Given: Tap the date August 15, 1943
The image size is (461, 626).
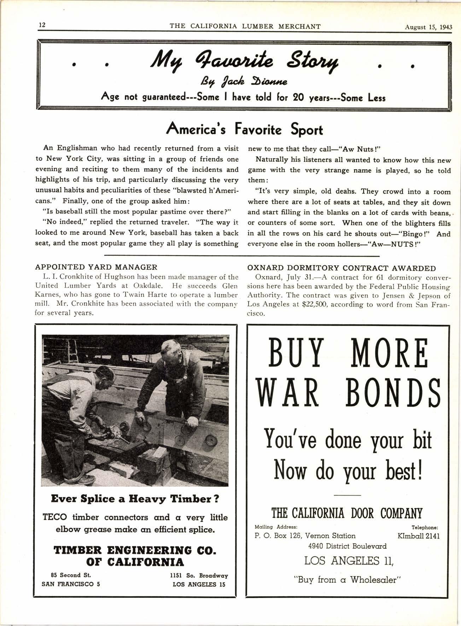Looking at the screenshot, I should [428, 27].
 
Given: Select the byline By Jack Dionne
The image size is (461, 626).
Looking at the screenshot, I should [244, 82].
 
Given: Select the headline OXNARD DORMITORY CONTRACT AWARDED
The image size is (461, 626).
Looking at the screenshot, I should [342, 268].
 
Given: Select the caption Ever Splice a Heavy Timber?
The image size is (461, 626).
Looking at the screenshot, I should [135, 499].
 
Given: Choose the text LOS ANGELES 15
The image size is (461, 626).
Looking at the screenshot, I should [199, 584].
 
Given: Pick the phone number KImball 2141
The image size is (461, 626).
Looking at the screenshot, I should [418, 536].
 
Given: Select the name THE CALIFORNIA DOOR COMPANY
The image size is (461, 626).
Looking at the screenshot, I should [346, 513].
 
